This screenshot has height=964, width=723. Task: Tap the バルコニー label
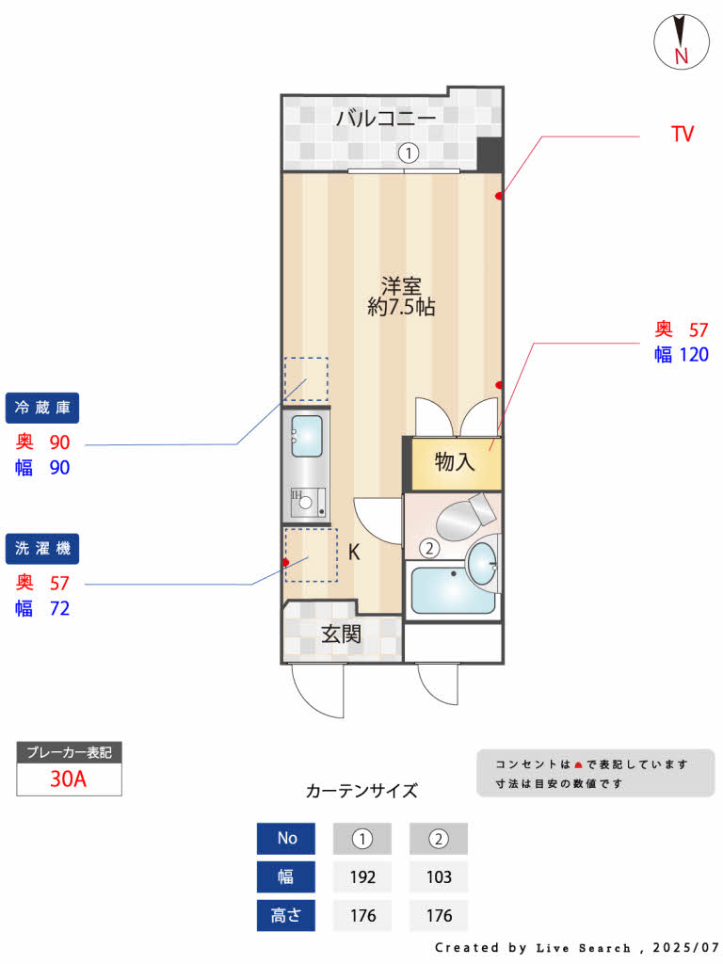(385, 119)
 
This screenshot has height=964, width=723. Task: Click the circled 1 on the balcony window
(408, 153)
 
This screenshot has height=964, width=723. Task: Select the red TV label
(682, 135)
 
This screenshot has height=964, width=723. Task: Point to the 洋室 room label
(401, 284)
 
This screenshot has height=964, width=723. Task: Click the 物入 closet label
(455, 462)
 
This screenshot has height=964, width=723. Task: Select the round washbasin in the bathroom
(483, 563)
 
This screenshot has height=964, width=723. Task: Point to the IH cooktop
(307, 501)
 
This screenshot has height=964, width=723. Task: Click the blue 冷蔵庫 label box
(42, 408)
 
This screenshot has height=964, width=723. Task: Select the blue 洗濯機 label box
(42, 548)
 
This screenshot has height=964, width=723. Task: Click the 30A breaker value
(69, 779)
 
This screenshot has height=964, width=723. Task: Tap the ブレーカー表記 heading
(69, 753)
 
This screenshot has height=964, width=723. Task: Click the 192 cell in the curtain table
(362, 877)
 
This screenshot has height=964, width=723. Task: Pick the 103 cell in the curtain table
(439, 877)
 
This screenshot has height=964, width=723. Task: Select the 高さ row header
(285, 915)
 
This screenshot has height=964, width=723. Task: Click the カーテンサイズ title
(361, 791)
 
